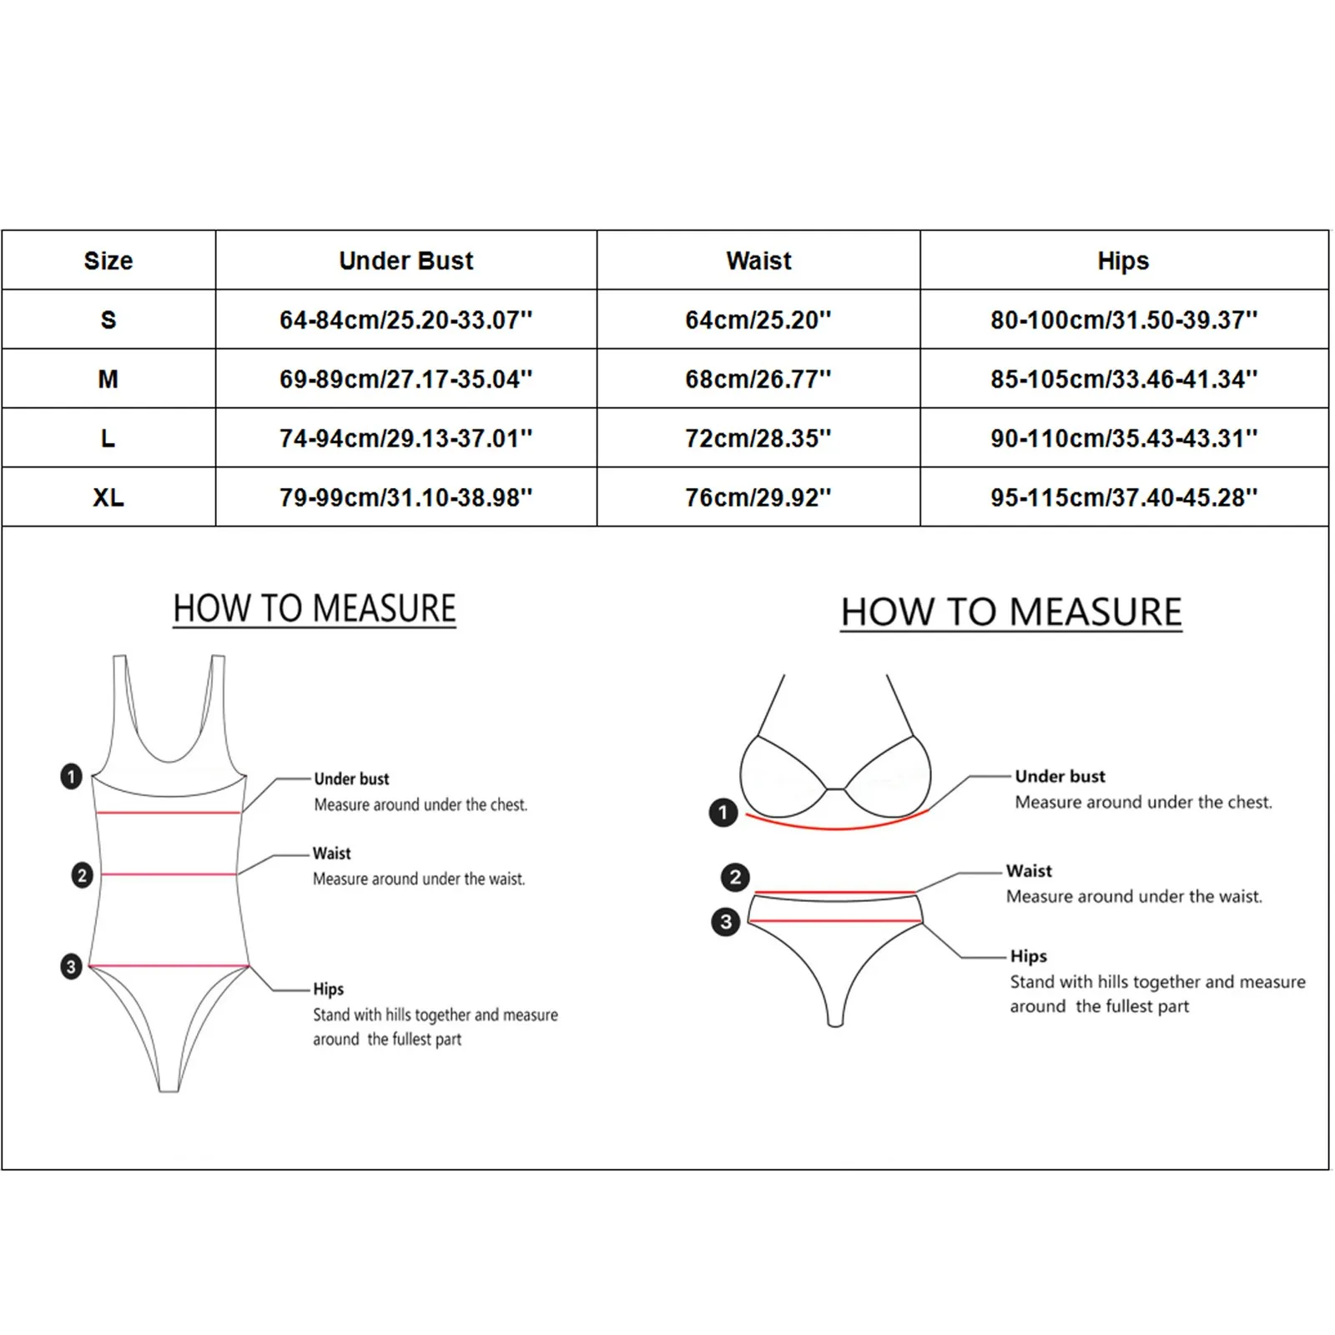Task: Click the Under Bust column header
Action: point(406,261)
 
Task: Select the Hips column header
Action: point(1123,261)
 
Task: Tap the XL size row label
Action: point(108,497)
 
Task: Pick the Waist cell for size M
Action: point(758,379)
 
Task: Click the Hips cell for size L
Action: point(1123,438)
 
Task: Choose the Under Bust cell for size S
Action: point(406,320)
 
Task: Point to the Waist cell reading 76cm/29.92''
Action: point(758,497)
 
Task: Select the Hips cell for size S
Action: point(1123,320)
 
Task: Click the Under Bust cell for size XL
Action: point(406,497)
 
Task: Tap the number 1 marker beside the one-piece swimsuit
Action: point(72,777)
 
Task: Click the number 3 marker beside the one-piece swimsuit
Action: point(72,967)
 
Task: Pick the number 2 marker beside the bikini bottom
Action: point(735,877)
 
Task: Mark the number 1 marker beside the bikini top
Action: point(723,812)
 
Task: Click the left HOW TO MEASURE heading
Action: point(315,608)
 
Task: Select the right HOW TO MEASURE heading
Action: point(1011,612)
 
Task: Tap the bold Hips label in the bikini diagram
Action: point(1028,956)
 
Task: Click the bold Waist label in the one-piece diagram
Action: point(332,854)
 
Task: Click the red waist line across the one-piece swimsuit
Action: point(169,874)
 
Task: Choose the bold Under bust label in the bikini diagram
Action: point(1060,777)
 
